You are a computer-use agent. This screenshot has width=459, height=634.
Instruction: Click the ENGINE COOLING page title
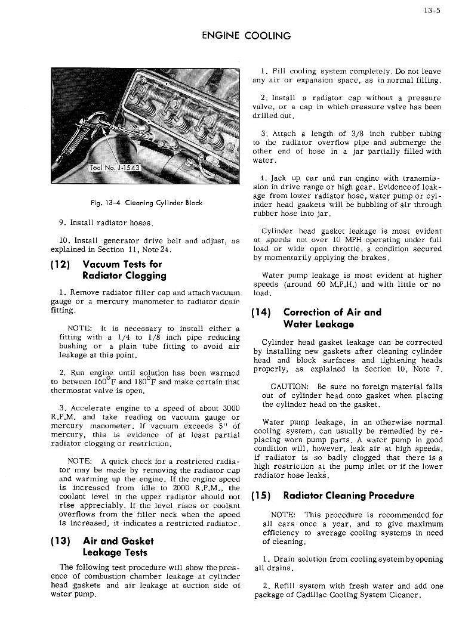point(247,36)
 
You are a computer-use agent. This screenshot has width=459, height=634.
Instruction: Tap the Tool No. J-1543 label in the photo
point(114,168)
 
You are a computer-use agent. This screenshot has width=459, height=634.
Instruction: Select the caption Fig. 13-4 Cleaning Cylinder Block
point(146,203)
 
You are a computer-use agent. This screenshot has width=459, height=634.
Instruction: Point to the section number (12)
point(62,264)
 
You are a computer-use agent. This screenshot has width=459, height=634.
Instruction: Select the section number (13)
point(62,541)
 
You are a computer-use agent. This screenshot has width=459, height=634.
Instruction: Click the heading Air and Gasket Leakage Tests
point(118,546)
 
